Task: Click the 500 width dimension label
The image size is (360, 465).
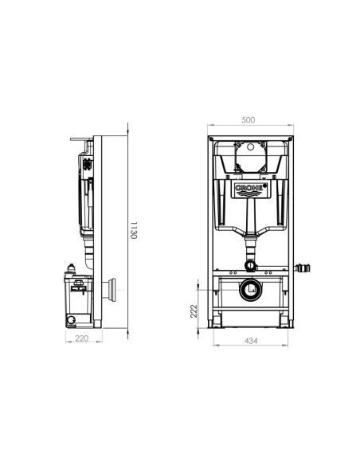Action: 248,120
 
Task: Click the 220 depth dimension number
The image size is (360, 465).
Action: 82,337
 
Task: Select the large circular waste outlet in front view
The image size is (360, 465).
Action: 249,290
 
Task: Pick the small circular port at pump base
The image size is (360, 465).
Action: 71,319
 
